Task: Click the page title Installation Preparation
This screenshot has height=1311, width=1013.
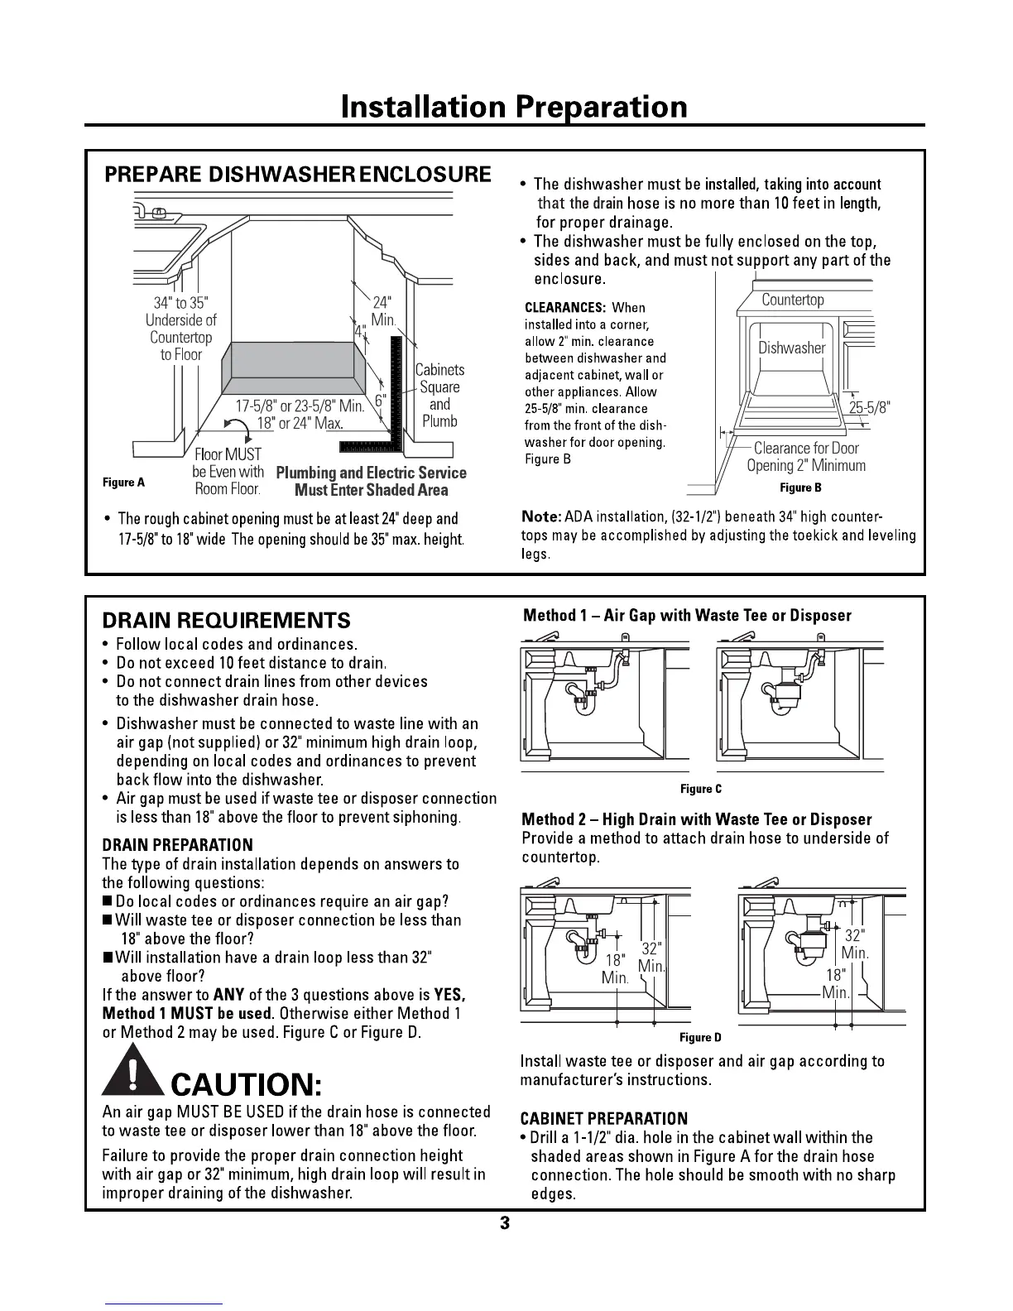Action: tap(513, 107)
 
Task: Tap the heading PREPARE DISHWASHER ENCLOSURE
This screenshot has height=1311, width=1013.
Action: tap(297, 175)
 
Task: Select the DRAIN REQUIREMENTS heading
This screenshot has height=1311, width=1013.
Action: tap(226, 620)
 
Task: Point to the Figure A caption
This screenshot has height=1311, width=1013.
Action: tap(123, 482)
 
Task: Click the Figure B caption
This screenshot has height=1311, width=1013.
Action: tap(800, 487)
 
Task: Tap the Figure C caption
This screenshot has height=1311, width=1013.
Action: tap(700, 789)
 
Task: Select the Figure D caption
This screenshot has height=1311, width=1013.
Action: tap(700, 1037)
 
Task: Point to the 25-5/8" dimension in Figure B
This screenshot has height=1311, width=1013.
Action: tap(869, 407)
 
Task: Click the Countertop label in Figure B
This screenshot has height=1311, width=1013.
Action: tap(792, 300)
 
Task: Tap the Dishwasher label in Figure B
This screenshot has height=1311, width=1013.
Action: tap(791, 348)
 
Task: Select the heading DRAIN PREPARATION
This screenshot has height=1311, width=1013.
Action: tap(177, 845)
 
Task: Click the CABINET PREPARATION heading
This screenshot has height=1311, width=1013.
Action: tap(603, 1119)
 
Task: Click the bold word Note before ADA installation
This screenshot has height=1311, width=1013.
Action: tap(540, 516)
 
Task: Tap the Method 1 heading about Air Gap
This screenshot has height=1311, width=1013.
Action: tap(687, 615)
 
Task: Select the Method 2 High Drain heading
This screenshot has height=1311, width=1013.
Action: tap(696, 819)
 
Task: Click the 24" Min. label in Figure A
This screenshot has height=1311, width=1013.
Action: tap(383, 310)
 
